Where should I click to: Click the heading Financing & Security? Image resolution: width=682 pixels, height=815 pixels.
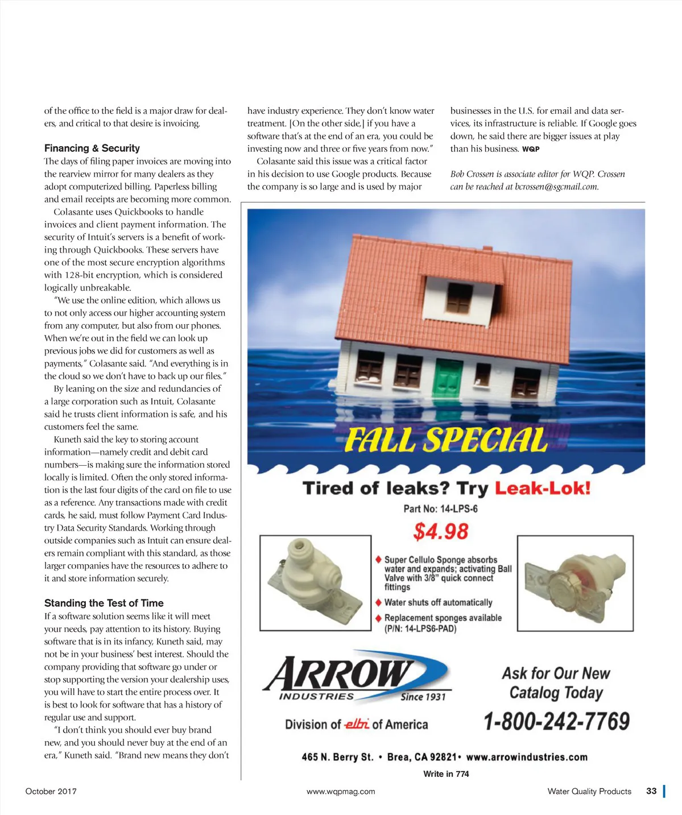[92, 148]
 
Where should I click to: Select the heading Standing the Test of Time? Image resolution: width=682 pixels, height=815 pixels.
[104, 603]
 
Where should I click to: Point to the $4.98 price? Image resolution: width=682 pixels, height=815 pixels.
[441, 532]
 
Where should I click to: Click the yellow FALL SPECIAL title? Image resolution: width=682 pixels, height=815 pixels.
[446, 440]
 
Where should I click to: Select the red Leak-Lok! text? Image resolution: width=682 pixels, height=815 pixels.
[543, 488]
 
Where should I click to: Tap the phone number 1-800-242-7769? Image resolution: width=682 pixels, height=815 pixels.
[556, 722]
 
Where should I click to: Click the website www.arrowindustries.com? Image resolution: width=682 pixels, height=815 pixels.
[526, 757]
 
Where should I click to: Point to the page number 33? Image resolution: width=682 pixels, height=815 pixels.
[651, 791]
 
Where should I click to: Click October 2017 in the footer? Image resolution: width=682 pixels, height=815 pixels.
[51, 791]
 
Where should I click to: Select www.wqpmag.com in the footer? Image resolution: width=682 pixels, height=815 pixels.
[341, 791]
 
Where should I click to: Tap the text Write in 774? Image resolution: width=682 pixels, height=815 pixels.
[446, 774]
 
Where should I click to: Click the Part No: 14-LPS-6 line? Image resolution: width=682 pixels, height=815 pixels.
[440, 508]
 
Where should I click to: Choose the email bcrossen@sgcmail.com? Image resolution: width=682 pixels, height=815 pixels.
[556, 187]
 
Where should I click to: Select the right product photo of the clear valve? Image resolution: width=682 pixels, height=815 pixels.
[574, 582]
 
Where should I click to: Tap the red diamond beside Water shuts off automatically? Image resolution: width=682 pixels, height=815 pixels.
[378, 602]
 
